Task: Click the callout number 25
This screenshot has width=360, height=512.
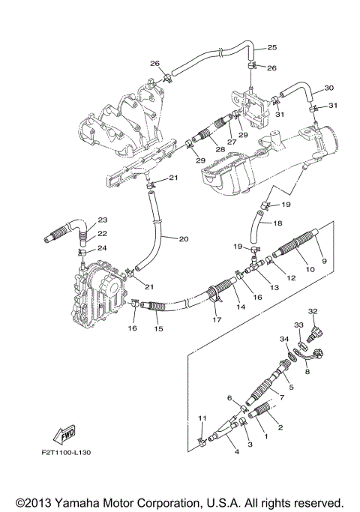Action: pyautogui.click(x=272, y=47)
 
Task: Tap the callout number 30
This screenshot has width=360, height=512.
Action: pyautogui.click(x=328, y=88)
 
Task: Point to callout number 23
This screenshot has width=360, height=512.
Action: pyautogui.click(x=103, y=220)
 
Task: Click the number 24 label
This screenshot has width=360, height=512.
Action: pyautogui.click(x=103, y=248)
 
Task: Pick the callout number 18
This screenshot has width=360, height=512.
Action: pyautogui.click(x=277, y=223)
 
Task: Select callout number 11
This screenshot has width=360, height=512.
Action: pyautogui.click(x=202, y=418)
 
